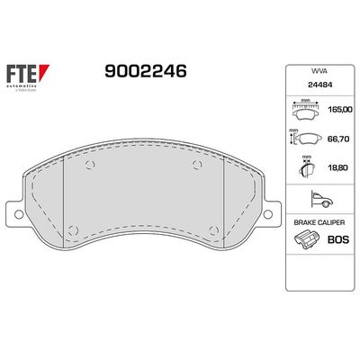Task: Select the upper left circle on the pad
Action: click(x=87, y=164)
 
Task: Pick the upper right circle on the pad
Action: click(x=199, y=164)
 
